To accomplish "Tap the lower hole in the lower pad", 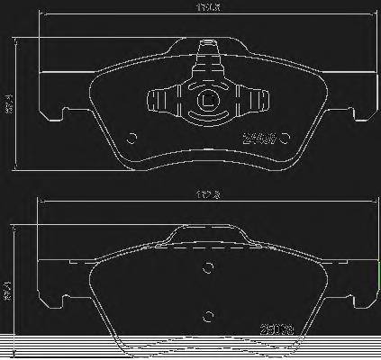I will [x=208, y=314].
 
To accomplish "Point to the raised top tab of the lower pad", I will [x=208, y=235].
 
